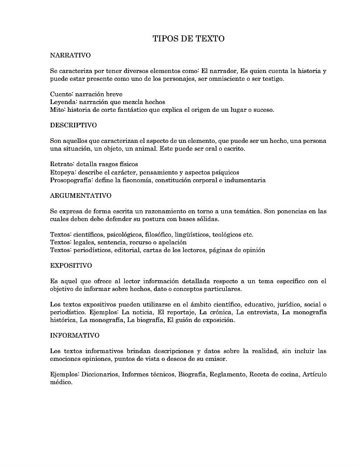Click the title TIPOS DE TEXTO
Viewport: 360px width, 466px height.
coord(189,39)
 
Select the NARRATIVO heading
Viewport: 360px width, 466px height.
coord(70,55)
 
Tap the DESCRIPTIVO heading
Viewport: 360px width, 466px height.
coord(74,125)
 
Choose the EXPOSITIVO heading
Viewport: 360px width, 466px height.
coord(71,266)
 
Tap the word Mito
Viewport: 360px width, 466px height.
coord(57,110)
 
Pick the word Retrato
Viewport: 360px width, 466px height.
coord(62,165)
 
